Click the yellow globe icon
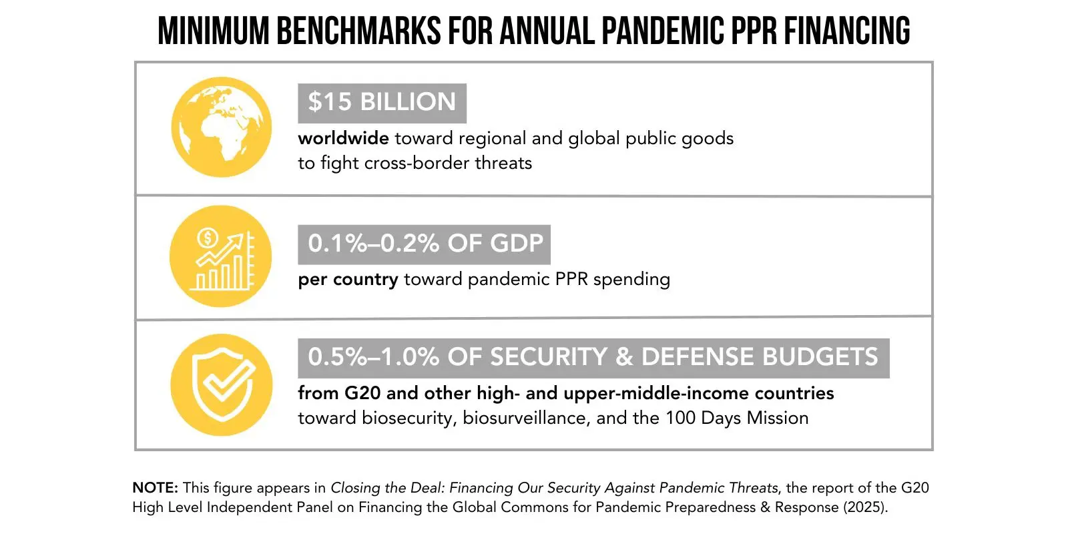coord(221,127)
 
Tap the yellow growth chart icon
coord(221,256)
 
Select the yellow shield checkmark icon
coord(221,385)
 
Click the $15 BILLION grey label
coord(382,103)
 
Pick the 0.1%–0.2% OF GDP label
coord(425,244)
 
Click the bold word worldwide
coord(343,138)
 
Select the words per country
coord(348,279)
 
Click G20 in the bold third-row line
coord(362,393)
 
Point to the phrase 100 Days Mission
coord(737,418)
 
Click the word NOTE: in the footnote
coord(155,488)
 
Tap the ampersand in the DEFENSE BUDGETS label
coord(624,357)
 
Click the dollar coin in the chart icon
coord(208,238)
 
